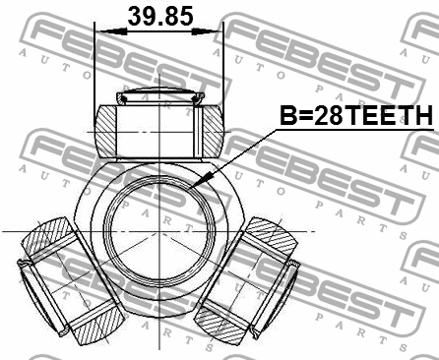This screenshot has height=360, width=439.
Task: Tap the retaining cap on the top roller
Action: (x=158, y=96)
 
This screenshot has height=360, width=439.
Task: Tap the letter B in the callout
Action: (x=288, y=117)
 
